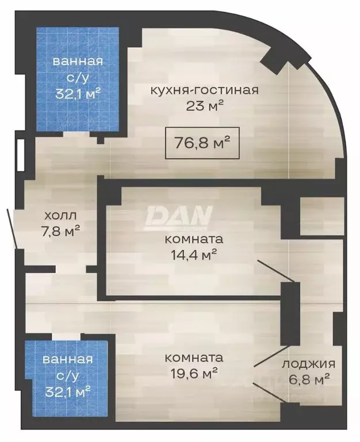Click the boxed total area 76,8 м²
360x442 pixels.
[201, 143]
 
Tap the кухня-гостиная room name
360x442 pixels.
[204, 90]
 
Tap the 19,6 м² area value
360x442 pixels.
[191, 373]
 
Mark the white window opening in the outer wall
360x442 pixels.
[21, 155]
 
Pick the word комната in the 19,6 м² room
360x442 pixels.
[191, 358]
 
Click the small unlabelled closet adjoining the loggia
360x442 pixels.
[322, 216]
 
